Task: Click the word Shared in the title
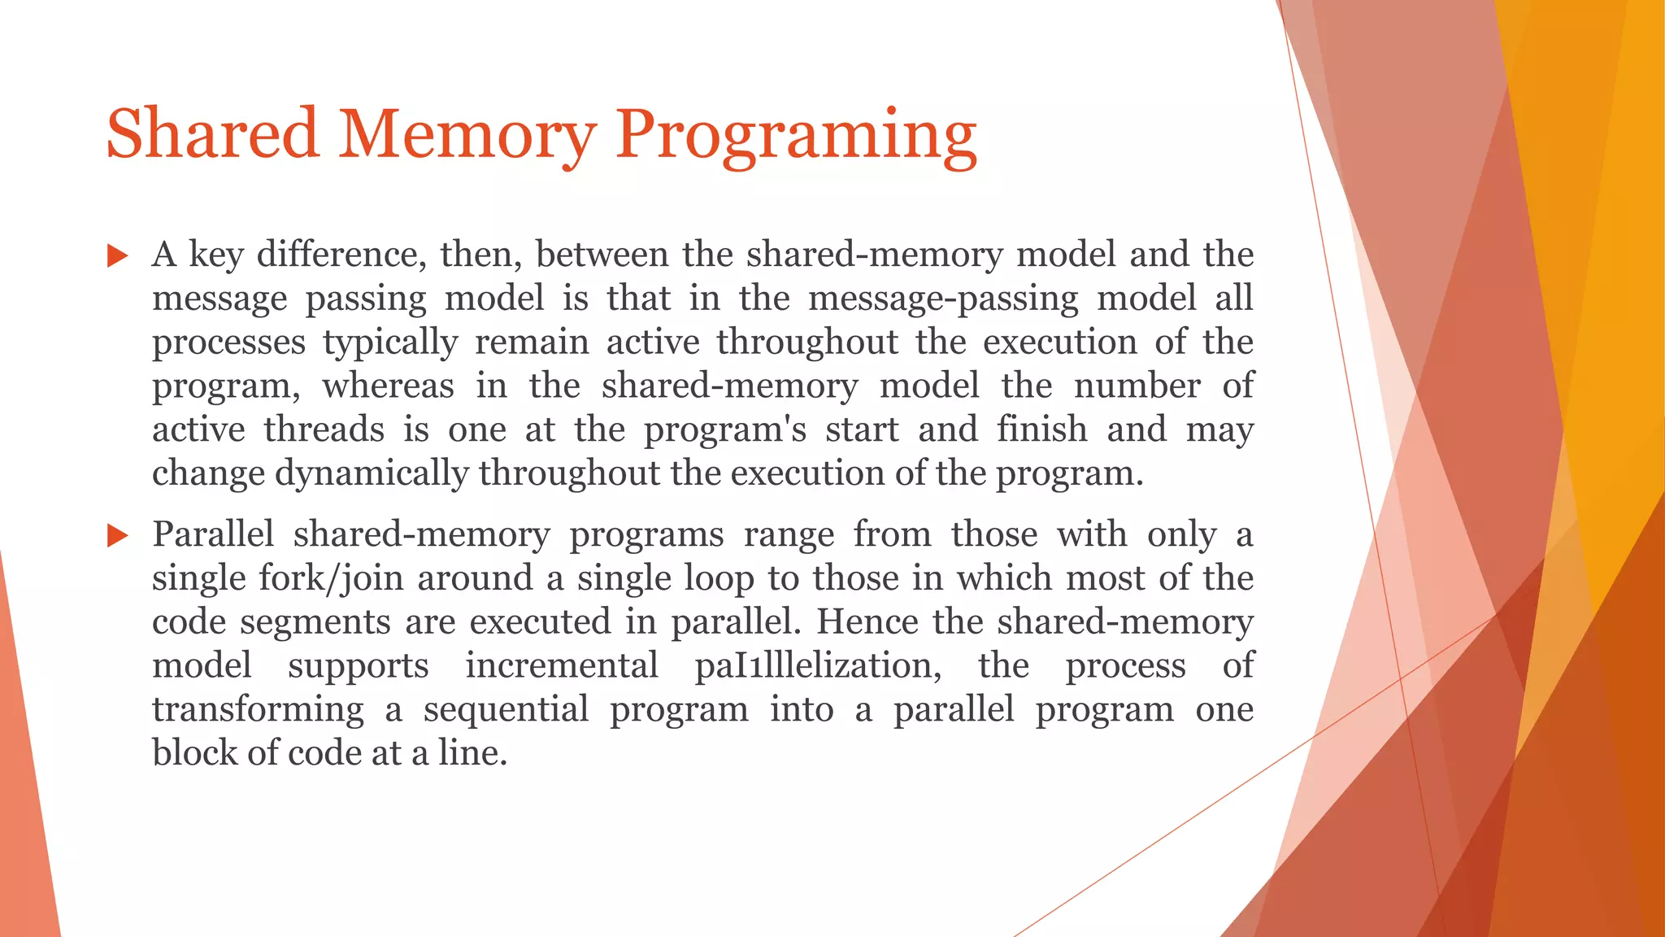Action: (x=212, y=134)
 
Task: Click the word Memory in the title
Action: (x=467, y=134)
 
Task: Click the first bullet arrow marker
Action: (x=118, y=257)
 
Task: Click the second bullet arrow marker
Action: (x=118, y=536)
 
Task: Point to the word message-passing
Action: (x=943, y=299)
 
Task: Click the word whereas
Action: (x=388, y=386)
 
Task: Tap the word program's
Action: (x=725, y=429)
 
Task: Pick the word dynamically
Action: (x=372, y=473)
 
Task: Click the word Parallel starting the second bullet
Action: (x=213, y=534)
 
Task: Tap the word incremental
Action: (x=561, y=666)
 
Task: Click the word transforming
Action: (x=258, y=710)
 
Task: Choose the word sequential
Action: (x=506, y=710)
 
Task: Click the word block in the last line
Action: (x=193, y=753)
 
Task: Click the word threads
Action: (x=324, y=429)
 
